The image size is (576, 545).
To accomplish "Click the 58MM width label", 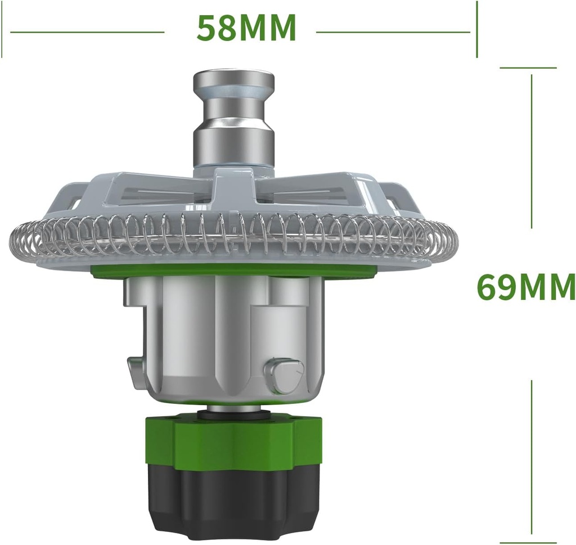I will pos(246,28).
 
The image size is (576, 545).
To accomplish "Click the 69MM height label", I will pos(525,287).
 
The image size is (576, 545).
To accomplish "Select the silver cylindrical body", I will pos(225,337).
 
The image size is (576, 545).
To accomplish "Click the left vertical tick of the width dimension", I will pos(2,29).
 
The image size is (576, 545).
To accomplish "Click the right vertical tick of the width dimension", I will pos(476,29).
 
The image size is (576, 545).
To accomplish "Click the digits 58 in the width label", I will pos(215,28).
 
